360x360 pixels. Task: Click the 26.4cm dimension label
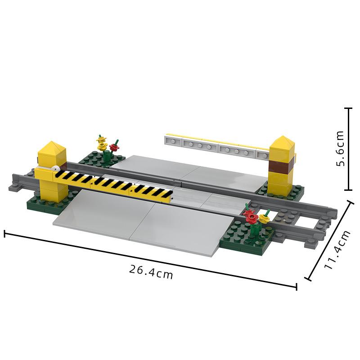click(151, 272)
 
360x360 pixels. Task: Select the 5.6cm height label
click(340, 149)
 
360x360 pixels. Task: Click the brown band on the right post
click(281, 165)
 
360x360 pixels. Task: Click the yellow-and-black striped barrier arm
click(112, 184)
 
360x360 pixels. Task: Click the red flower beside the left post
click(114, 147)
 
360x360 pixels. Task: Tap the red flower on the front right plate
click(251, 216)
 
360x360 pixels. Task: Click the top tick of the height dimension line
click(348, 108)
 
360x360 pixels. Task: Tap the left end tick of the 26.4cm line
click(4, 234)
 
